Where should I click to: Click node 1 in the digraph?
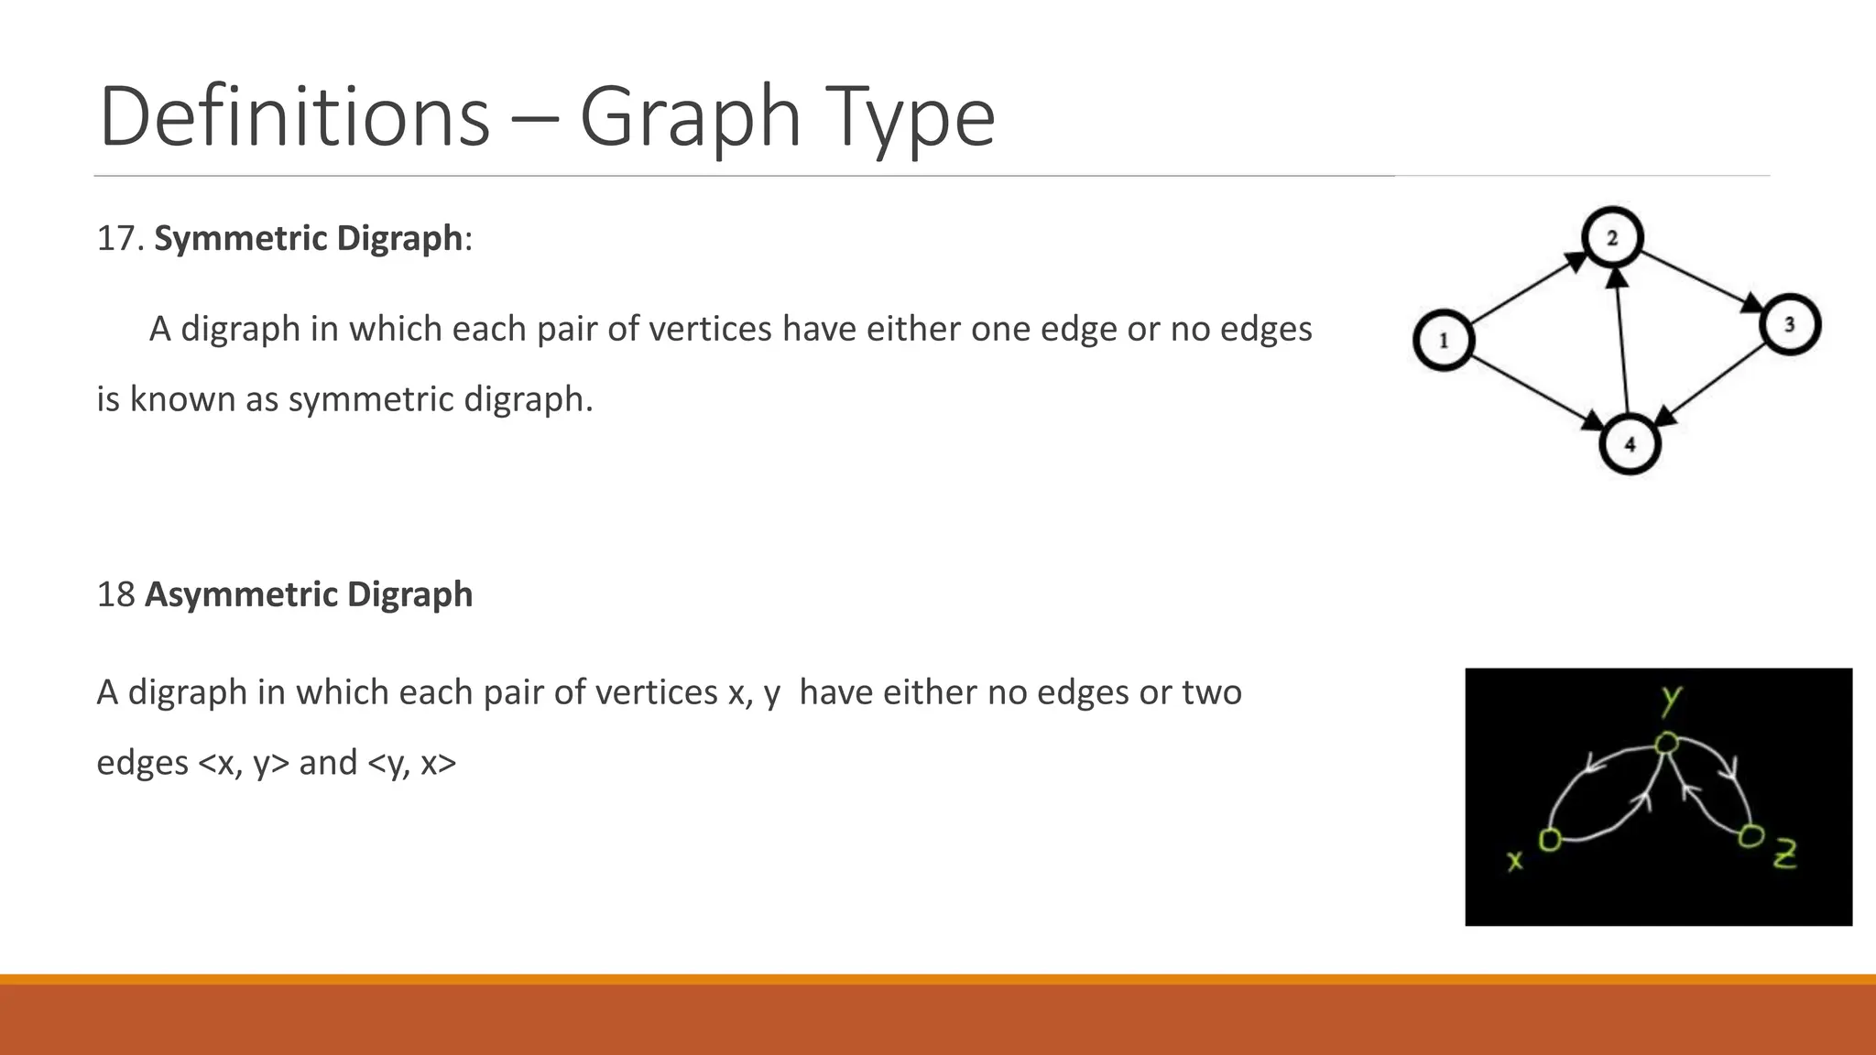tap(1444, 341)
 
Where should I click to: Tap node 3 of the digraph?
tap(1789, 325)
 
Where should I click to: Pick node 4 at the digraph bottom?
tap(1630, 444)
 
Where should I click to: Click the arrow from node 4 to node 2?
tap(1621, 339)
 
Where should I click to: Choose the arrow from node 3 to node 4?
tap(1711, 384)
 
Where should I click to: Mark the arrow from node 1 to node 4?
tap(1537, 392)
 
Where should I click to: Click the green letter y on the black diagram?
tap(1672, 700)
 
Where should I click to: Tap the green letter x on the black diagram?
tap(1515, 860)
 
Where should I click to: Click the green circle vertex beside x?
tap(1550, 839)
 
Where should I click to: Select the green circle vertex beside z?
tap(1751, 835)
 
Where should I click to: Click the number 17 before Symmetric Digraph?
tap(116, 238)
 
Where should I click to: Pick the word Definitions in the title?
tap(294, 117)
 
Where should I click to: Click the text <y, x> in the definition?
tap(411, 763)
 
